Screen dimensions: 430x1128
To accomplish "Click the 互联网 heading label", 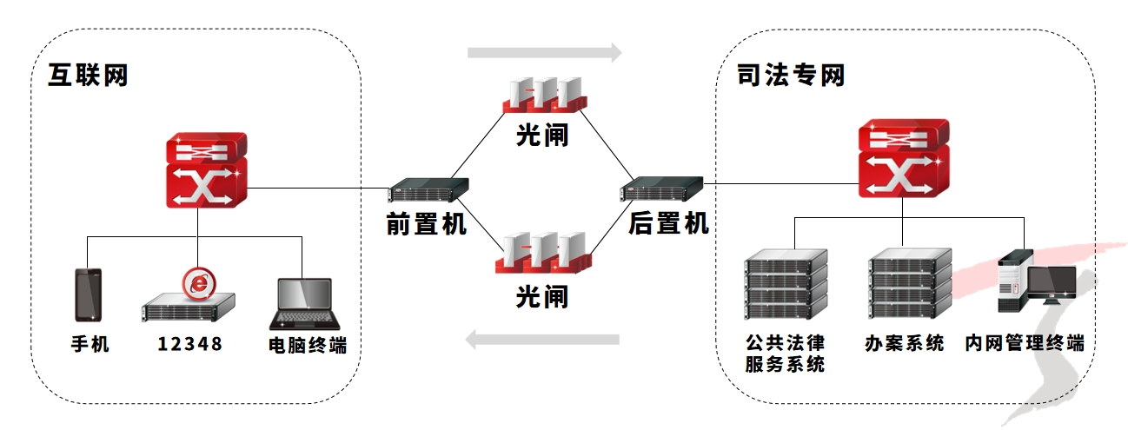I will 88,76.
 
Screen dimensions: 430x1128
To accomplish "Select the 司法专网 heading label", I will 791,76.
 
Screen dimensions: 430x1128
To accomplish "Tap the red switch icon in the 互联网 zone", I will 207,170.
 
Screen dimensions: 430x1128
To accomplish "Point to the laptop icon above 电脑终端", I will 302,305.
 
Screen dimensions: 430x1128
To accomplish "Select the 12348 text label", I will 190,344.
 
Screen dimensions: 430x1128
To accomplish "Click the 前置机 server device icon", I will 428,192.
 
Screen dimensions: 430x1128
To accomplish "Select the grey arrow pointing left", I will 542,339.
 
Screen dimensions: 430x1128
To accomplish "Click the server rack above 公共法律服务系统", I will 786,283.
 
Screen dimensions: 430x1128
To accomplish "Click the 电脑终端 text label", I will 308,344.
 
